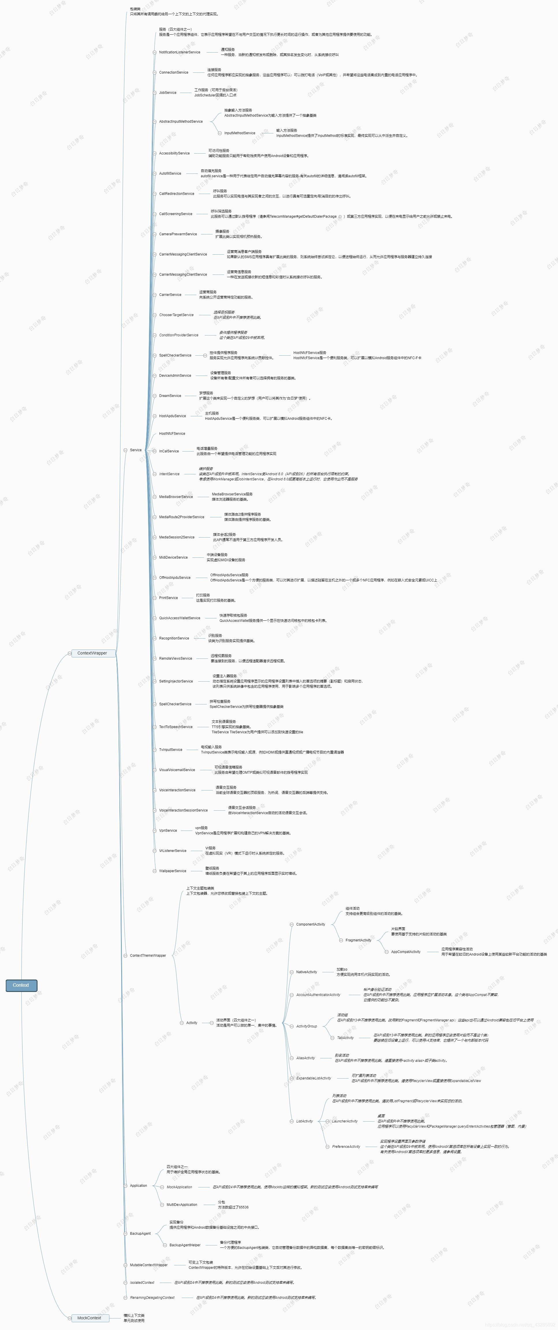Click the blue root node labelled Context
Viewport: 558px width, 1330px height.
pos(21,985)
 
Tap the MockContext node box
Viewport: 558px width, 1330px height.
pos(89,1318)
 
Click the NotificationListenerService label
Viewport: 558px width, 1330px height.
pos(180,52)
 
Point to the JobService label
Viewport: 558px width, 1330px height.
pos(168,92)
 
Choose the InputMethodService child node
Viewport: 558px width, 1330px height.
pos(240,133)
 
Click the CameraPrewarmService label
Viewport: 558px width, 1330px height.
pos(178,234)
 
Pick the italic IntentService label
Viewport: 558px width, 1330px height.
pos(169,474)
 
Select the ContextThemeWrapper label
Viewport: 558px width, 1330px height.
pos(148,956)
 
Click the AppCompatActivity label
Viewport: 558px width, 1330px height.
pos(406,952)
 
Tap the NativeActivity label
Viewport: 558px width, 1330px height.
pos(307,972)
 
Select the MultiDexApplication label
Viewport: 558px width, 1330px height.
pos(182,1204)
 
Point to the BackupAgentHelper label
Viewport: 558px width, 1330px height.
pos(185,1245)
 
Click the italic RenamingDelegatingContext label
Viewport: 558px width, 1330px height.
pos(152,1297)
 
